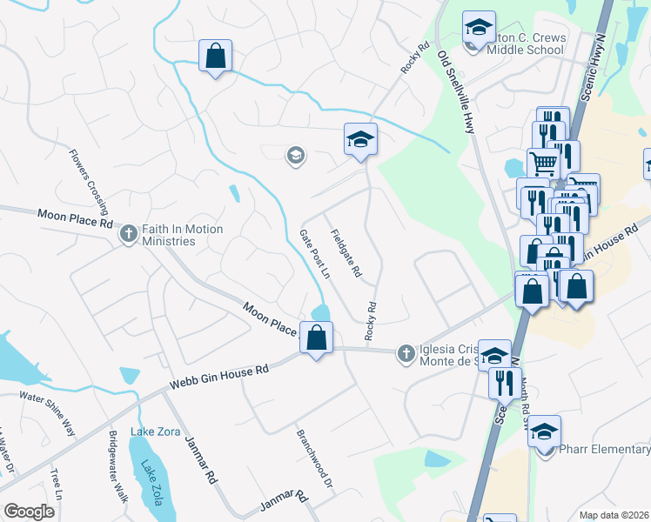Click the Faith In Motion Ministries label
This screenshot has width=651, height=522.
click(178, 235)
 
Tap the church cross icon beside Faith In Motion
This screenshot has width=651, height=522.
click(129, 234)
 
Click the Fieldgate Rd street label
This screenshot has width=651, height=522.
click(346, 253)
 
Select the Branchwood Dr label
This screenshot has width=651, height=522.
click(314, 458)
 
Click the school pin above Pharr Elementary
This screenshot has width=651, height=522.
click(544, 431)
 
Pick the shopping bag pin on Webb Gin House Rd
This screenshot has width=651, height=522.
click(317, 337)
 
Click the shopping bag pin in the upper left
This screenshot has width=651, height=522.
click(214, 57)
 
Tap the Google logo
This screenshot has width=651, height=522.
click(29, 512)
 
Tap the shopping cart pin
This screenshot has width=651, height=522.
click(542, 162)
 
